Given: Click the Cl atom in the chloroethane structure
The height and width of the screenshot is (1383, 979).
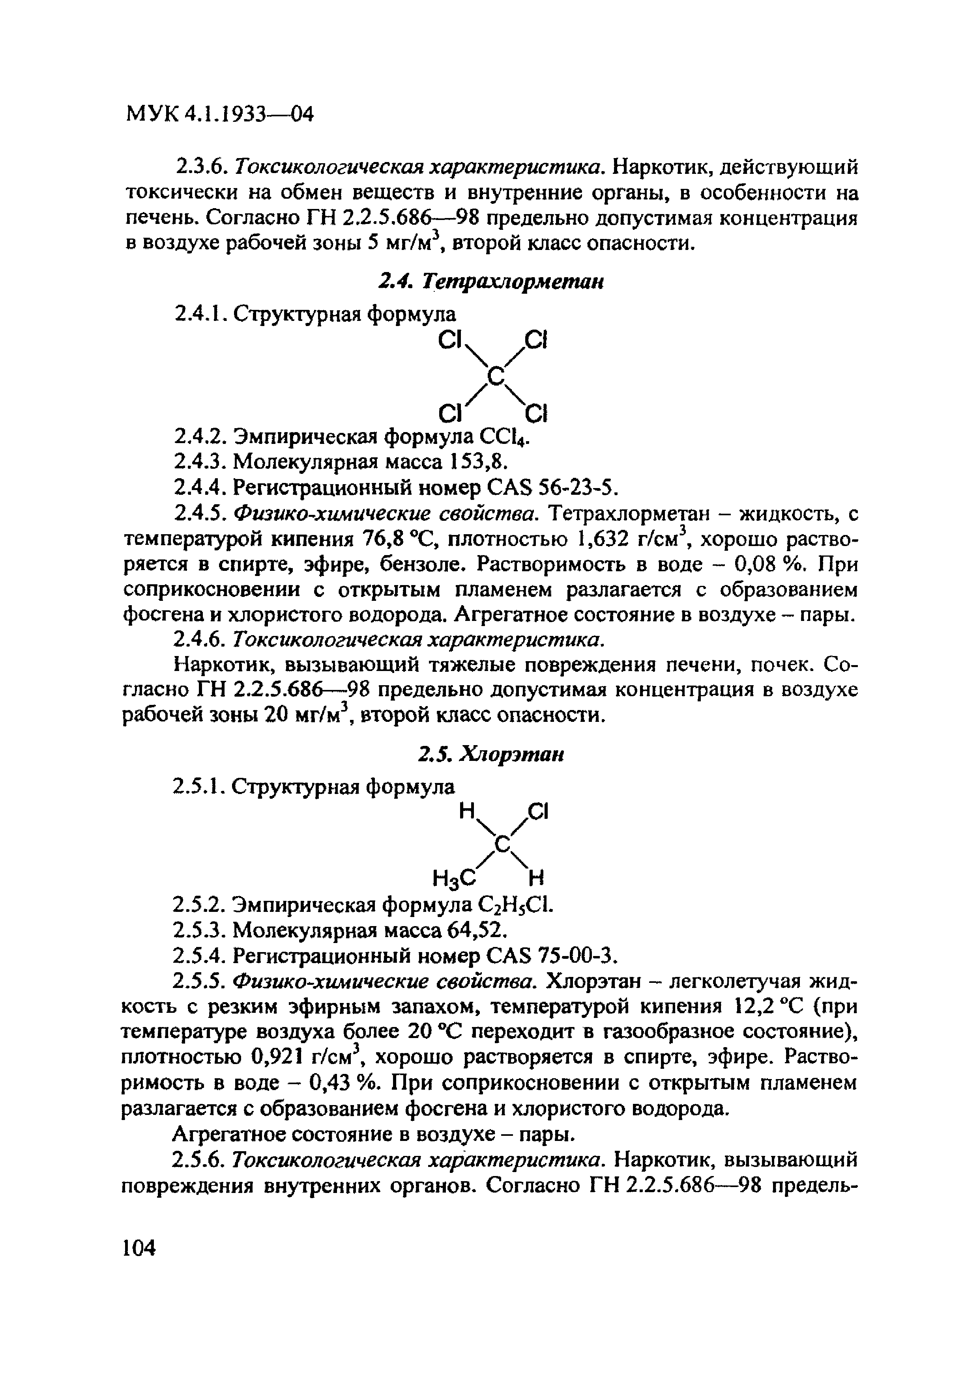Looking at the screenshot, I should [537, 812].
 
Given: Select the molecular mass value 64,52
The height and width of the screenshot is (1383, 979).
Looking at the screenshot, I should [474, 931].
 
